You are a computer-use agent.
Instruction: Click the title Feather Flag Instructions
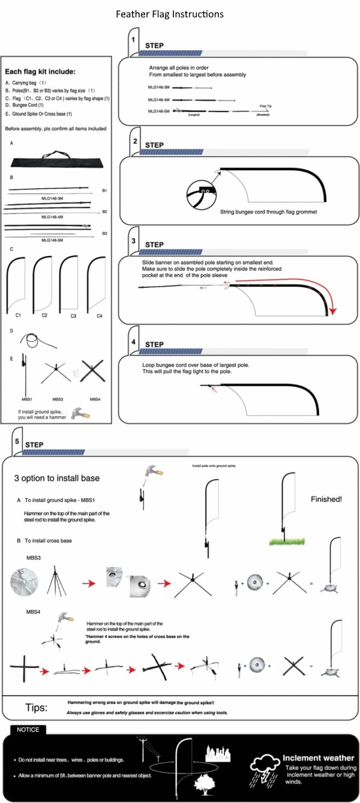[x=171, y=14]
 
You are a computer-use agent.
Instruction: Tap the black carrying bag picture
[x=57, y=160]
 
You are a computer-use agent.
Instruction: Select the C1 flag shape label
[x=18, y=314]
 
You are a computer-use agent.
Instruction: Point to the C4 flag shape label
[x=100, y=315]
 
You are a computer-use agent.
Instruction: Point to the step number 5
[x=17, y=441]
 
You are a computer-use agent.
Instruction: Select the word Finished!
[x=326, y=499]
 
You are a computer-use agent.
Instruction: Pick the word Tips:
[x=36, y=708]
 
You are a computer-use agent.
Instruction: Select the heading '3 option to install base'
[x=57, y=478]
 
